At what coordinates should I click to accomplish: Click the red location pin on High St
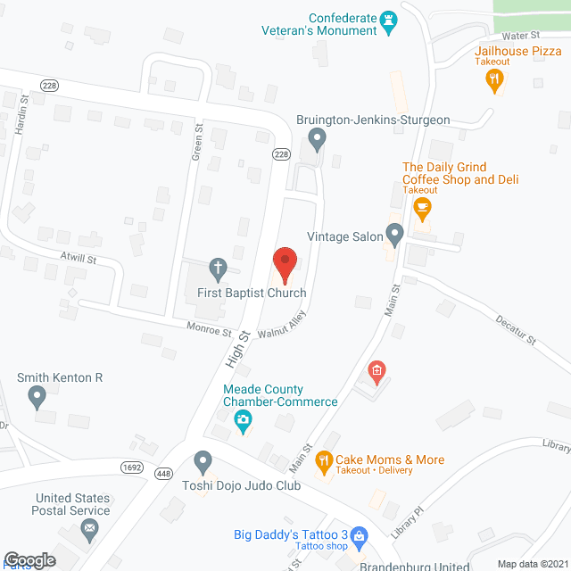click(285, 262)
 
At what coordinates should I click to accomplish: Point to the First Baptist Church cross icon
click(217, 267)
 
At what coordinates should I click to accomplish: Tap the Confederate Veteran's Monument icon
click(388, 21)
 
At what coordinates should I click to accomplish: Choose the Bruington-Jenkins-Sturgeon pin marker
click(316, 139)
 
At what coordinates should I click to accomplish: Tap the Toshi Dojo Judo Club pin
click(203, 463)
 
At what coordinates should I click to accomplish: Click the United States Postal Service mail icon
click(89, 532)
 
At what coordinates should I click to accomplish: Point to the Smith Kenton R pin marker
click(37, 396)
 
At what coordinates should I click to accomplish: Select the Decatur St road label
click(515, 327)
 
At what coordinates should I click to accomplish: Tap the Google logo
click(29, 560)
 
